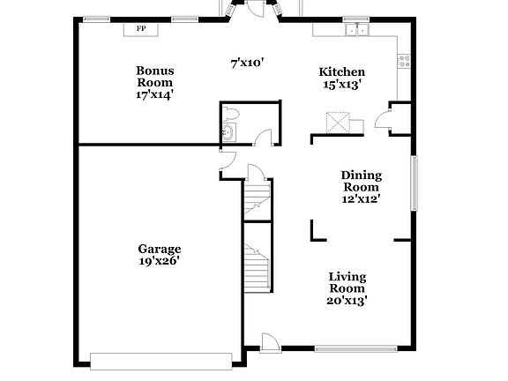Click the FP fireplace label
(x=140, y=29)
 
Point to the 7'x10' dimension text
(x=247, y=63)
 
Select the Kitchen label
(x=341, y=71)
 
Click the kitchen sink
(x=357, y=31)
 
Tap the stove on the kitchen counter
(x=404, y=62)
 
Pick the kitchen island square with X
(x=338, y=122)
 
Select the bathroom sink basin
(x=228, y=133)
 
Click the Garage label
(x=159, y=249)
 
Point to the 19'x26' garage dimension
(x=159, y=261)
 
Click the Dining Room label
(x=361, y=181)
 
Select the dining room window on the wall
(x=414, y=183)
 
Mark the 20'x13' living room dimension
(x=347, y=301)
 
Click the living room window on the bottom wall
(x=350, y=347)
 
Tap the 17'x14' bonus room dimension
(x=154, y=93)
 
